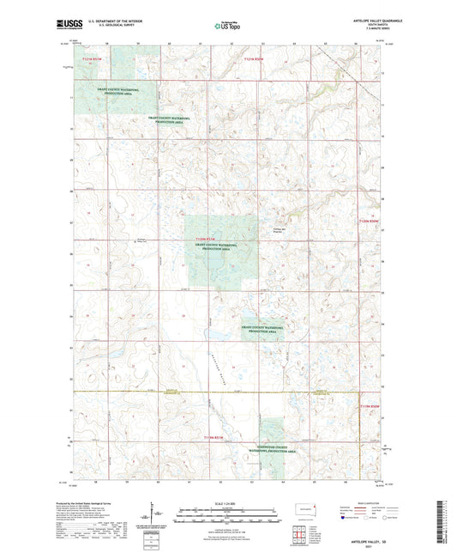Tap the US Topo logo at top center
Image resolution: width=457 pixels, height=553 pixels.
click(x=227, y=26)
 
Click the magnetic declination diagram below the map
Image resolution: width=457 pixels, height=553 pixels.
click(x=156, y=517)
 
